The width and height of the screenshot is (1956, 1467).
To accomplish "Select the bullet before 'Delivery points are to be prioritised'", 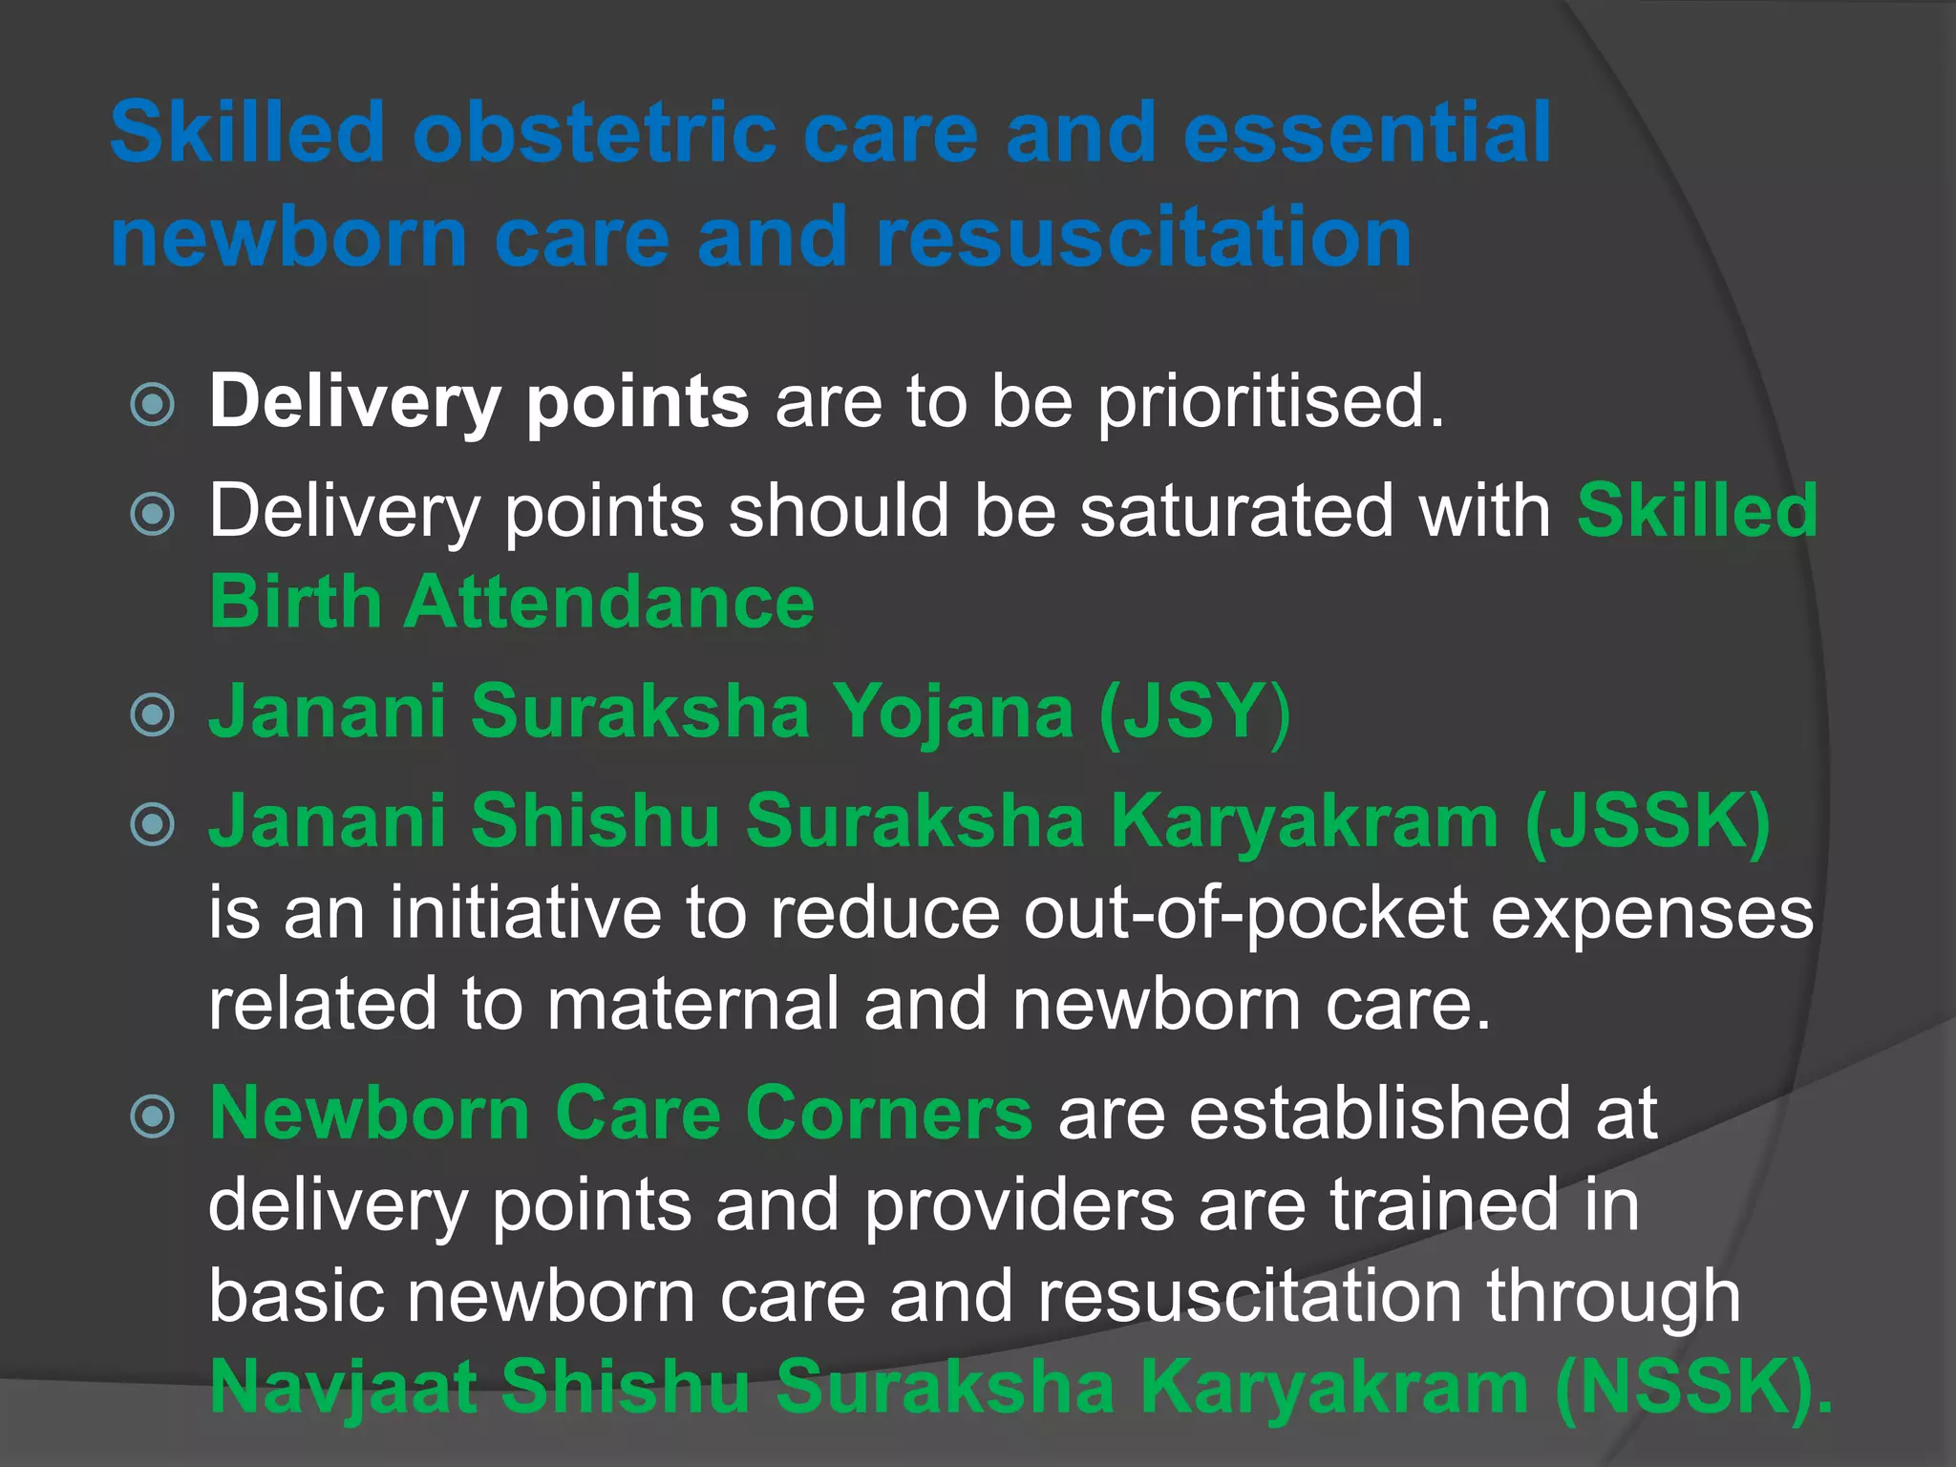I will pos(153,404).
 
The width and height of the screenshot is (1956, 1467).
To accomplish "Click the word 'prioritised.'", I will pos(1270,401).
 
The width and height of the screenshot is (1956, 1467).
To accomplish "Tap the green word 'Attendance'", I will pos(609,602).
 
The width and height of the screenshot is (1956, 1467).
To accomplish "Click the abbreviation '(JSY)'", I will pos(1195,711).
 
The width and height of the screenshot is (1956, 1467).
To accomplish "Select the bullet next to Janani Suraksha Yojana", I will pos(153,714).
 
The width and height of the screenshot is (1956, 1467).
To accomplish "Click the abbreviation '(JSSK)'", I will pos(1648,820).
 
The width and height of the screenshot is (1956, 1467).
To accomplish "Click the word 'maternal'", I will pos(693,1003).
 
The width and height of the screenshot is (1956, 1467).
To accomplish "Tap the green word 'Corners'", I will pos(888,1113).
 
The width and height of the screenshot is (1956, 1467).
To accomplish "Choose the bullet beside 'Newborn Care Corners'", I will pos(153,1116).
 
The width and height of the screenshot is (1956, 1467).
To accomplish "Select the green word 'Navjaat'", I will pos(343,1387).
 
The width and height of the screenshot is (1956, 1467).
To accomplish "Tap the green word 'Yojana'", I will pos(954,711).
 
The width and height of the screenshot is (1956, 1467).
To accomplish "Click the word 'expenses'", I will pos(1651,913).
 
